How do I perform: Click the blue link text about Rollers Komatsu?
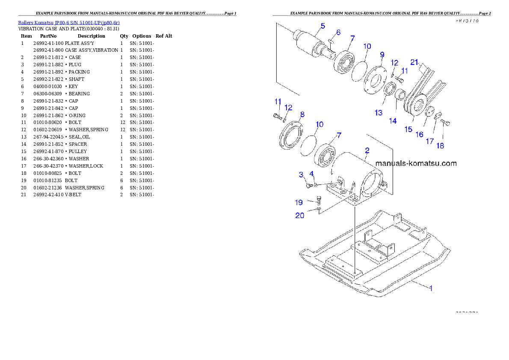coord(68,22)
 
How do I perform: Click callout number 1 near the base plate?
coord(431,288)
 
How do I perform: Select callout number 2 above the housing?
coord(367,150)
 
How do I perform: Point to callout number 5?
coord(323,26)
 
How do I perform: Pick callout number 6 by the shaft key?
coord(338,32)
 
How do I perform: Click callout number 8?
coord(302,114)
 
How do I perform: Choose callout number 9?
coord(382,54)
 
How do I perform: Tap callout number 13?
coord(379,112)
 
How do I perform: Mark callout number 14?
coord(393,121)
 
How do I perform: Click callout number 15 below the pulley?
coord(408,129)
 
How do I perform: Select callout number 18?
coord(440,145)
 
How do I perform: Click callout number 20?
coord(300,215)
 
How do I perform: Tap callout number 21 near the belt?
coord(414,62)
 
